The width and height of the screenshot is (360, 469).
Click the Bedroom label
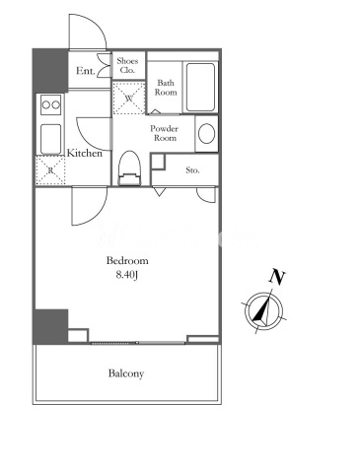(x=127, y=261)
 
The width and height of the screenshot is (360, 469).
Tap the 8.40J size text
(x=127, y=275)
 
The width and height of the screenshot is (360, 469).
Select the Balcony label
(x=126, y=373)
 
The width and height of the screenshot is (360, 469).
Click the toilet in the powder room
(x=129, y=168)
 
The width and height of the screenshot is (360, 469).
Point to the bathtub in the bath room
(x=200, y=88)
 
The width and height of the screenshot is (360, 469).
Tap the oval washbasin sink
(x=207, y=133)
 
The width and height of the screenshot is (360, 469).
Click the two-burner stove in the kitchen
(x=51, y=104)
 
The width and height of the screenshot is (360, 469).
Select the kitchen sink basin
(x=51, y=139)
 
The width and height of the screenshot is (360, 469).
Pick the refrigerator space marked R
(x=50, y=170)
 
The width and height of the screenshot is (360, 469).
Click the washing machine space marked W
(x=129, y=99)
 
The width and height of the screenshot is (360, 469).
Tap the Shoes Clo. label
(x=127, y=65)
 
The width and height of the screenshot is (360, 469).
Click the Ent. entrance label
(x=86, y=71)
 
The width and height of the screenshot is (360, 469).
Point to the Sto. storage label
(x=192, y=170)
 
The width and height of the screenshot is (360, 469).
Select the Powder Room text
(x=165, y=133)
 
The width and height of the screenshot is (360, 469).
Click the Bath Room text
(x=166, y=88)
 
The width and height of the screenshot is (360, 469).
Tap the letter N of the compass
(x=277, y=277)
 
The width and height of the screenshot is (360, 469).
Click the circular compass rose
(x=263, y=310)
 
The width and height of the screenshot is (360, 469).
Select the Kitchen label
(x=85, y=153)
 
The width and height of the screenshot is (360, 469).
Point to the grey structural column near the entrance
(x=50, y=70)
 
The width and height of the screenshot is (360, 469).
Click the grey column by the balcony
(x=50, y=326)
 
